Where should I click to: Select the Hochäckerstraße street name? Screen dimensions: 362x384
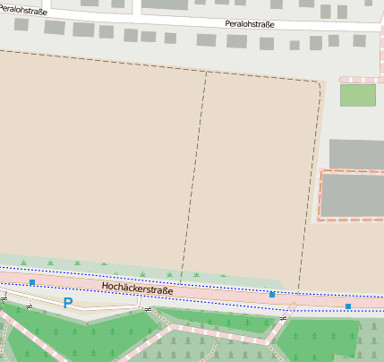138,289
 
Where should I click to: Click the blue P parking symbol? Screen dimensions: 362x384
67,303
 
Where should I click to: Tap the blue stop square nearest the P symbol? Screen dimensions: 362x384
32,283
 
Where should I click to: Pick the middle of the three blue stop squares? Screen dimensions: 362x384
272,294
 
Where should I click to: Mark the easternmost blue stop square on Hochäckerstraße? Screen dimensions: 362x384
348,306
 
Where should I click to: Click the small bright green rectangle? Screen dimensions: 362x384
357,95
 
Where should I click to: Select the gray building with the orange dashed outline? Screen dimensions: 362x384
353,195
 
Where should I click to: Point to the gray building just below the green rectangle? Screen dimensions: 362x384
356,153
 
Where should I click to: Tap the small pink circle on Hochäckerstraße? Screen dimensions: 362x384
293,305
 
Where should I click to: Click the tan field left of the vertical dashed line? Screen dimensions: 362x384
98,161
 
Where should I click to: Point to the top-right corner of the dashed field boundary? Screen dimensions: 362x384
320,83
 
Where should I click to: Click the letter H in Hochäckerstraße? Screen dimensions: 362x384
106,286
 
